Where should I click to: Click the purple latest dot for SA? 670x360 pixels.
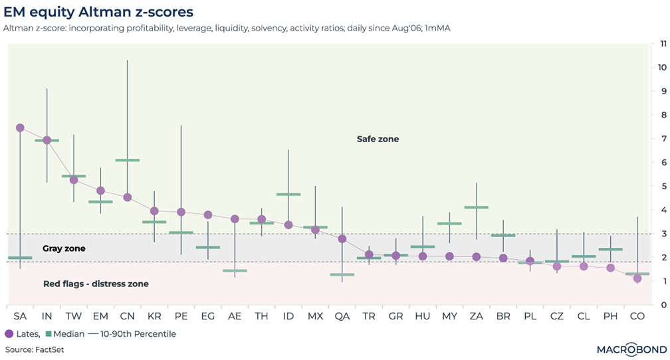[20, 128]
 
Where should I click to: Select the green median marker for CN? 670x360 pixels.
[127, 160]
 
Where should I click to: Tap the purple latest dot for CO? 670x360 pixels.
[637, 279]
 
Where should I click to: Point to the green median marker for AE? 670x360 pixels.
[235, 271]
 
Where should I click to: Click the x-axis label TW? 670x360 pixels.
[74, 315]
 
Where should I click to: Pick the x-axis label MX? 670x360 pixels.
[315, 315]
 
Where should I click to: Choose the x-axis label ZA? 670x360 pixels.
[477, 315]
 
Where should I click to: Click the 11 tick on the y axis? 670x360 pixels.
[662, 43]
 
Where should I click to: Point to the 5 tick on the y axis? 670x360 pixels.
[662, 186]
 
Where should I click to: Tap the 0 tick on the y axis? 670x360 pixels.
[662, 305]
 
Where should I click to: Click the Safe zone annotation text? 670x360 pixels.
[378, 139]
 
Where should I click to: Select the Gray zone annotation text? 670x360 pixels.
[64, 248]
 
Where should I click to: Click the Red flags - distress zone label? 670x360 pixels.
[96, 284]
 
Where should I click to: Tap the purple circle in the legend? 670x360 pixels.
[9, 334]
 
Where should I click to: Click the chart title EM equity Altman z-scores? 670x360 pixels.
[98, 12]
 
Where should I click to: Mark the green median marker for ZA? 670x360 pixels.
[477, 207]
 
